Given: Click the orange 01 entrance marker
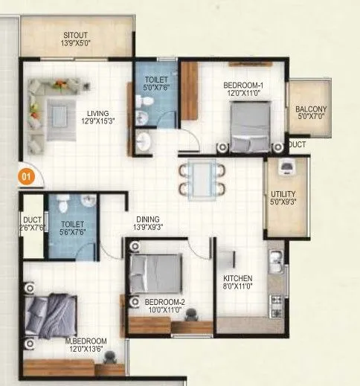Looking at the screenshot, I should click(x=25, y=178).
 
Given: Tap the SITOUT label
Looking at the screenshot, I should click(x=74, y=34).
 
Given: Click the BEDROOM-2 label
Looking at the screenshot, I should click(x=164, y=301).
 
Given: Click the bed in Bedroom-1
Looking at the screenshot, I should click(x=249, y=125).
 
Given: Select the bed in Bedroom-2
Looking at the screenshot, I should click(x=155, y=273).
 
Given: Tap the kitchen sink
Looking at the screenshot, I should click(x=276, y=261).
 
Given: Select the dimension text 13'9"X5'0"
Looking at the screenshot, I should click(x=74, y=44).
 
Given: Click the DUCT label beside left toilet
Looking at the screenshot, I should click(x=30, y=220).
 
